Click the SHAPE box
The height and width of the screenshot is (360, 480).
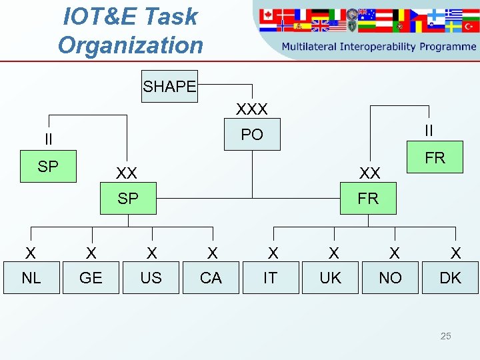point(169,86)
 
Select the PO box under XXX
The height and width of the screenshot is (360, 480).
point(252,135)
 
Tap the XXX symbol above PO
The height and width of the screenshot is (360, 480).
point(252,109)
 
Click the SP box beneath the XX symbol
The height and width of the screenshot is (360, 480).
point(128,198)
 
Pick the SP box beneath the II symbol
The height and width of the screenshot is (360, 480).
point(48,166)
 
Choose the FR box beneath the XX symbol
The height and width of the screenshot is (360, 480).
point(368,198)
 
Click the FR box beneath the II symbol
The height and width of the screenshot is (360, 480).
point(435,157)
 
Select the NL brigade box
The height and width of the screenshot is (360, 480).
point(31,277)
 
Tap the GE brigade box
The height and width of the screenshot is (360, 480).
point(91,277)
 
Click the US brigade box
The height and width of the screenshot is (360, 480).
point(151,277)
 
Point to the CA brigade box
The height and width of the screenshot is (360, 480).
point(211,277)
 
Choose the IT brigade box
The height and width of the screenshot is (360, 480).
point(270,277)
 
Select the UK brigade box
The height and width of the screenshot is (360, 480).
point(330,277)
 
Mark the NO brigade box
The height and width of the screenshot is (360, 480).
point(390,277)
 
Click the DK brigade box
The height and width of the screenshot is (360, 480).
point(450,277)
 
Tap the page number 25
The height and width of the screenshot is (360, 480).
point(445,336)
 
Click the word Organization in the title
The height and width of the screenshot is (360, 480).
point(130,45)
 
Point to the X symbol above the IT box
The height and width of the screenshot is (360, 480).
point(273,253)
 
